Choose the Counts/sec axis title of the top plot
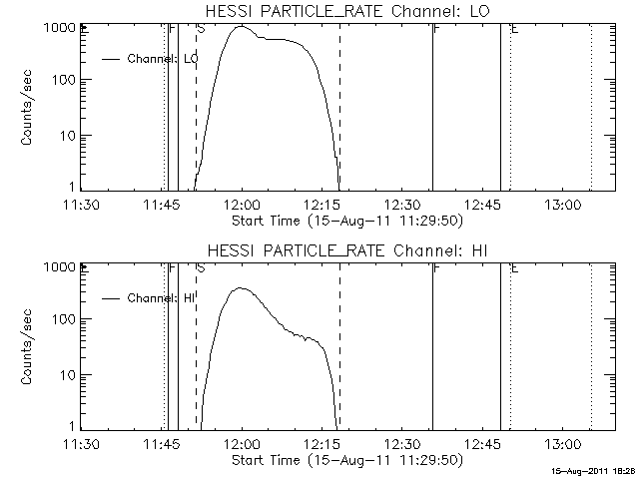29,109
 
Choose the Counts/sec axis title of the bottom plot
29,347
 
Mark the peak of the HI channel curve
240,288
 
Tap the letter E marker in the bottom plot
514,268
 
